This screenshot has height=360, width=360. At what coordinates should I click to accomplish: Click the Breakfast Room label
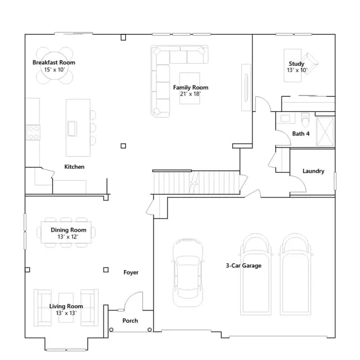tap(54, 62)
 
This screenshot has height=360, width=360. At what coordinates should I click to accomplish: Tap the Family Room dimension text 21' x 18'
tap(190, 94)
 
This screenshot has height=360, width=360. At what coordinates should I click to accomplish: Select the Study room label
tap(296, 64)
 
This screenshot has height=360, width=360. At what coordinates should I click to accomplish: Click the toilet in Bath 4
tap(305, 120)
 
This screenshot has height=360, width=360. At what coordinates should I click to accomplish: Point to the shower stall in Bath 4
tap(325, 131)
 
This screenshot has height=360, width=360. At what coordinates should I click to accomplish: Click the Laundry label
tap(313, 171)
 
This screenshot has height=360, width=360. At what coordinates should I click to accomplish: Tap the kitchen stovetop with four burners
tap(33, 133)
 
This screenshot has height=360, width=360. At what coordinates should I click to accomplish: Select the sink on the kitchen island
tap(72, 128)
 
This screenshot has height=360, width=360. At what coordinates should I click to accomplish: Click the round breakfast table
tap(55, 66)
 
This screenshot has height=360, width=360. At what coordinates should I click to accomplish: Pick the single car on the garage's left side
tap(188, 272)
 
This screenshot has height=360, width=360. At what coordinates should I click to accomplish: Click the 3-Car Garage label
tap(244, 265)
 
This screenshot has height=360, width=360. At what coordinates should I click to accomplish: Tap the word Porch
tap(130, 321)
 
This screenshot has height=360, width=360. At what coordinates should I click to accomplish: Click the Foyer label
tap(131, 272)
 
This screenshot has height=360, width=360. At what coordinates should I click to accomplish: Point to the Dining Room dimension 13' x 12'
tap(68, 237)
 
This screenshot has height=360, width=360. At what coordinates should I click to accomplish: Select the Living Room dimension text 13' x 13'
tap(66, 313)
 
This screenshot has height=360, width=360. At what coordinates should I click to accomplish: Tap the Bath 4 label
tap(301, 134)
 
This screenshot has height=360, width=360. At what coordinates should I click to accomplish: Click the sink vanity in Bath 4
tap(285, 118)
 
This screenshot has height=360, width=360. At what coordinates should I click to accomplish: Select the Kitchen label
tap(74, 166)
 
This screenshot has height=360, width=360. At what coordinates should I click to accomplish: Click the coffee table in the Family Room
tap(190, 88)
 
